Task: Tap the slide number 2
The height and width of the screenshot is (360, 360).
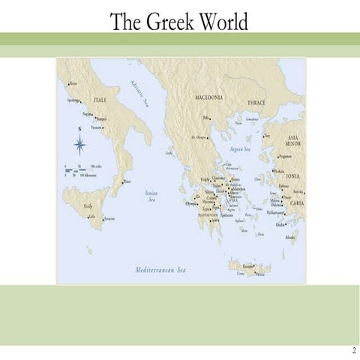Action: (352, 350)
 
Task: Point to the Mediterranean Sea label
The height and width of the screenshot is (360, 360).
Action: (160, 269)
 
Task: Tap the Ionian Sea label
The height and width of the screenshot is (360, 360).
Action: (151, 196)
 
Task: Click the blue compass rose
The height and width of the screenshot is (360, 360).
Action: (79, 144)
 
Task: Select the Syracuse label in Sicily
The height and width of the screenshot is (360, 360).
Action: (109, 218)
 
